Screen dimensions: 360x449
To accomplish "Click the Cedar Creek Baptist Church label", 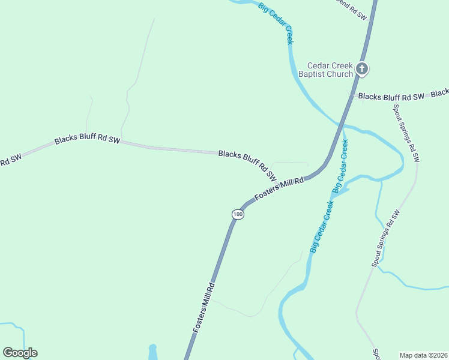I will (330, 70).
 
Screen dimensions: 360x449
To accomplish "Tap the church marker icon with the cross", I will (361, 69).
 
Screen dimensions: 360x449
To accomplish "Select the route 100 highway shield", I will (238, 214).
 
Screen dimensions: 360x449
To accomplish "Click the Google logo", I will (20, 353).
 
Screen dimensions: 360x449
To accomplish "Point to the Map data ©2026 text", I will (423, 355).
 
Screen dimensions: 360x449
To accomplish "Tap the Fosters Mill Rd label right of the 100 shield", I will (280, 188).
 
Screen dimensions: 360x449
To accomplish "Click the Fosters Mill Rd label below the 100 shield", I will (204, 308).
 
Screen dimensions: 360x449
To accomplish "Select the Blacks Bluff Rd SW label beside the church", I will (391, 97).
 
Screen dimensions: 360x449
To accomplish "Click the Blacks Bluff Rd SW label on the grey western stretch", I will (87, 140).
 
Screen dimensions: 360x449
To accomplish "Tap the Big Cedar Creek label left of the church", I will (276, 23).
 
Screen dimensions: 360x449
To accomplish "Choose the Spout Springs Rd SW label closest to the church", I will (406, 133).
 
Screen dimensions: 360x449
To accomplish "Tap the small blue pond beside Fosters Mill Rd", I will (152, 352).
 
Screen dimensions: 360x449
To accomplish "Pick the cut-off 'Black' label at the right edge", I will (440, 93).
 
